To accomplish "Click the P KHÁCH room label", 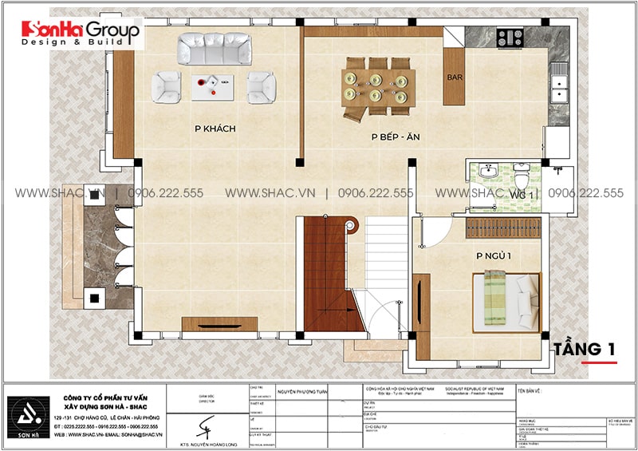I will (x=215, y=129).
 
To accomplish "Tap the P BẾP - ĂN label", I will (x=395, y=137).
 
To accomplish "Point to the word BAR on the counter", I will (x=455, y=79).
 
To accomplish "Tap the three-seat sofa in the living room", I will (x=213, y=49).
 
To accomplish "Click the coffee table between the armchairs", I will (x=212, y=85).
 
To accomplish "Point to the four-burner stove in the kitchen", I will (x=510, y=37).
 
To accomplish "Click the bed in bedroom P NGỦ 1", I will (x=506, y=300).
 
